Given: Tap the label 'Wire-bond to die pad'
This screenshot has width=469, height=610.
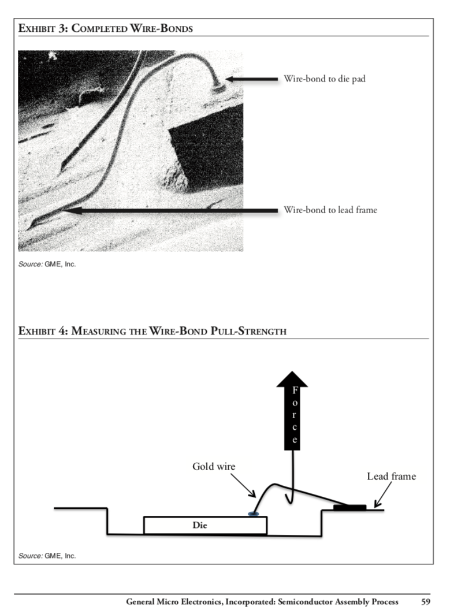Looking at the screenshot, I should click(324, 79).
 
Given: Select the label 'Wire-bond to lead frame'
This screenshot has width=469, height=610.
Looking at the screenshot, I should click(330, 210).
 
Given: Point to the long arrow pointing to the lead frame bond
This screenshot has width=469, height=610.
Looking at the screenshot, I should click(173, 210).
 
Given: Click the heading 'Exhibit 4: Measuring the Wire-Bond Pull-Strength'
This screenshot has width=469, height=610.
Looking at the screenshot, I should click(152, 332).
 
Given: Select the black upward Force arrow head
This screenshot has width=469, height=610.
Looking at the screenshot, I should click(293, 380).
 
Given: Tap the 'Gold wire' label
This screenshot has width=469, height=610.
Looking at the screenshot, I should click(214, 466).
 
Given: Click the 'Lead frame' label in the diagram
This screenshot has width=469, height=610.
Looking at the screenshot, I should click(391, 477).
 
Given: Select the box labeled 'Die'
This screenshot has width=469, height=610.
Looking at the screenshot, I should click(205, 526).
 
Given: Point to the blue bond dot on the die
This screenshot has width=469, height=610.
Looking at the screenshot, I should click(253, 514).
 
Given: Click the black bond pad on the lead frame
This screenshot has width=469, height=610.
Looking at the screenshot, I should click(349, 508).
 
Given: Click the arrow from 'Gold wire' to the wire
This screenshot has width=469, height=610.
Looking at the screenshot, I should click(243, 486).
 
